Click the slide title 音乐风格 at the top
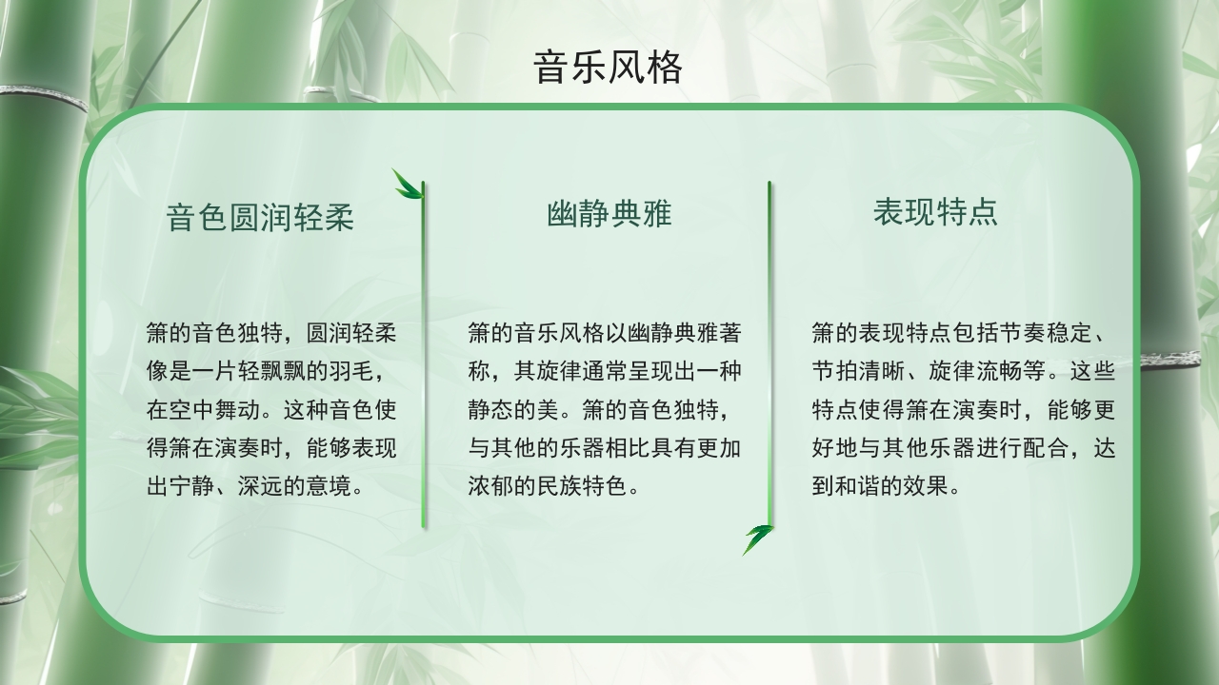pyautogui.click(x=609, y=68)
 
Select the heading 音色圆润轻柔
pyautogui.click(x=260, y=218)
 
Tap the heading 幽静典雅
pyautogui.click(x=609, y=214)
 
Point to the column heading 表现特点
pyautogui.click(x=935, y=212)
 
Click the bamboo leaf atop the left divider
pyautogui.click(x=408, y=184)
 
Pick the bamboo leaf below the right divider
pyautogui.click(x=758, y=538)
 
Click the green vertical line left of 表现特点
pyautogui.click(x=769, y=352)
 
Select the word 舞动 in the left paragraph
pyautogui.click(x=226, y=410)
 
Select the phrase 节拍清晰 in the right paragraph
pyautogui.click(x=857, y=372)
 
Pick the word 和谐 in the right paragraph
pyautogui.click(x=857, y=486)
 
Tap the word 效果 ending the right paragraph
pyautogui.click(x=926, y=486)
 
